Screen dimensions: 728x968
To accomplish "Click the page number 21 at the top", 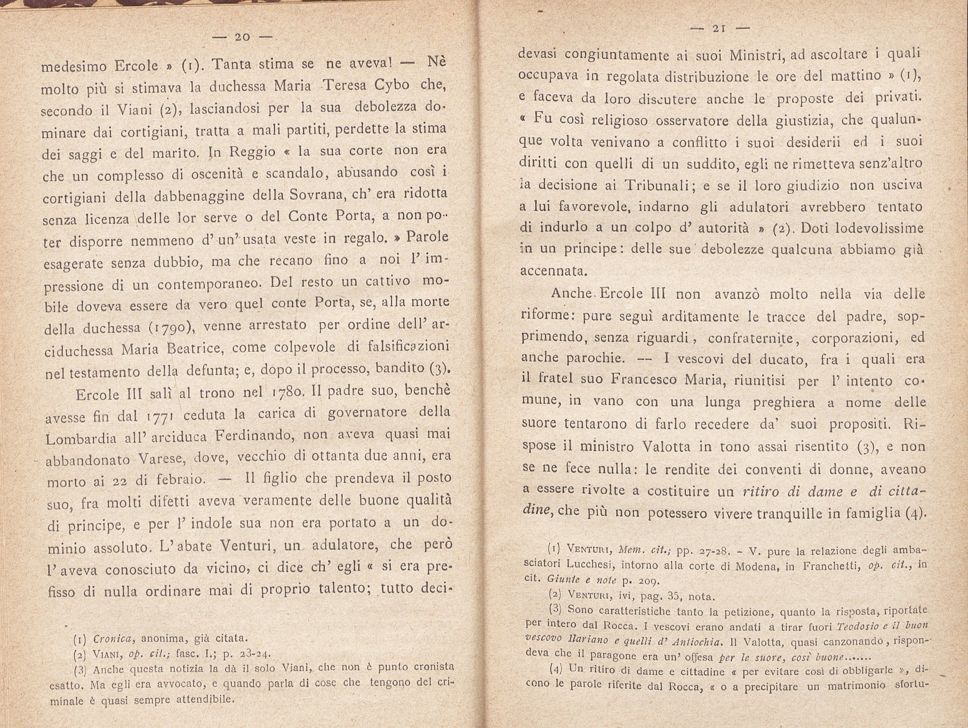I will coord(718,29).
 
